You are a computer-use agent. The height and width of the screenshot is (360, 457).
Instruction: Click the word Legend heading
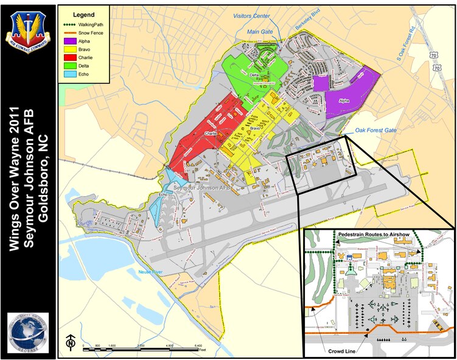pyautogui.click(x=83, y=13)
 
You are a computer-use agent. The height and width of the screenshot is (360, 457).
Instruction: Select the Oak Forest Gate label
pyautogui.click(x=375, y=130)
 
